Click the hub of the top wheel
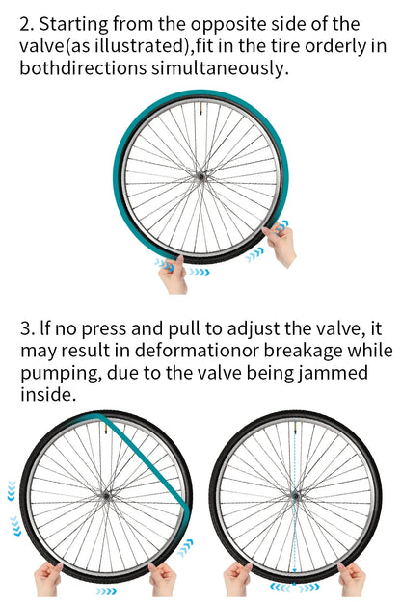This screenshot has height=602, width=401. [200, 176]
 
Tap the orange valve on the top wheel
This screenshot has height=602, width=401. [200, 108]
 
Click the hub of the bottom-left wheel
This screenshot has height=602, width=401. [106, 496]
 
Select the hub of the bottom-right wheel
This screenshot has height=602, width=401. [295, 496]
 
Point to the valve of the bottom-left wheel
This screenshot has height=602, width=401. [104, 428]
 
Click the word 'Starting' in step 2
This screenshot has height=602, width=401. [74, 25]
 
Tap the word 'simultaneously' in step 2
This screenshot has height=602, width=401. [218, 68]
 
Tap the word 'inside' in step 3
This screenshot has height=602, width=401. [47, 394]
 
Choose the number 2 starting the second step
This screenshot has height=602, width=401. [27, 25]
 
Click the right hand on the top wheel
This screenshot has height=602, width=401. [280, 245]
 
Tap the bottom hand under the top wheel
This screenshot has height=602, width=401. [173, 275]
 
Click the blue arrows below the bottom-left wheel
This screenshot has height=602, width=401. [106, 590]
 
